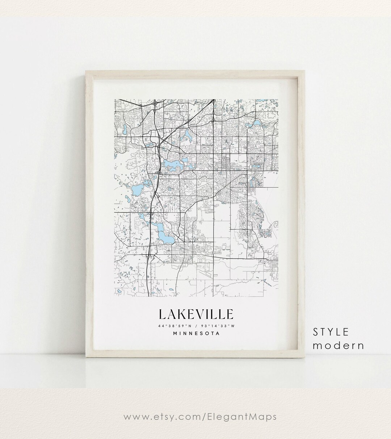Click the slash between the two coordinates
tap(195, 326)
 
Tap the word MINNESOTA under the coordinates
tap(196, 334)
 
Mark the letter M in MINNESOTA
tap(175, 334)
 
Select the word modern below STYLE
tap(339, 345)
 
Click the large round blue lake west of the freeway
tap(138, 189)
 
